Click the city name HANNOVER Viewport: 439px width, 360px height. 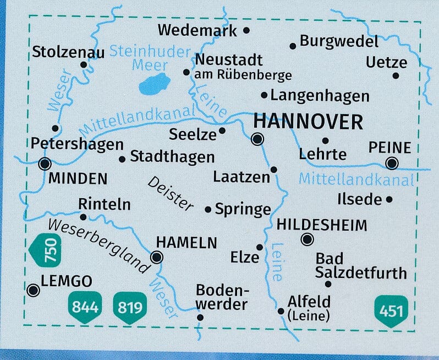tap(308, 122)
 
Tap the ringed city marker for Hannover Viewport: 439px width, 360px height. tap(257, 140)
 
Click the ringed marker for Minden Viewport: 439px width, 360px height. tap(45, 163)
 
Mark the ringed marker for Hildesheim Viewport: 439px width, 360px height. tap(308, 239)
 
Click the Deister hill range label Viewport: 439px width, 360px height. tap(170, 193)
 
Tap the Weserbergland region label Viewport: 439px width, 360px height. tap(99, 246)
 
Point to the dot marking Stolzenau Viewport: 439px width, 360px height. tap(84, 64)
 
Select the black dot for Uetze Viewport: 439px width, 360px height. tap(396, 76)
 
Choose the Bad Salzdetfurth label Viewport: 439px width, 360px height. tap(360, 266)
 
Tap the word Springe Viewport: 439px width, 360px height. tap(243, 209)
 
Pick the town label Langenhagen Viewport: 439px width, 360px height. tap(320, 96)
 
